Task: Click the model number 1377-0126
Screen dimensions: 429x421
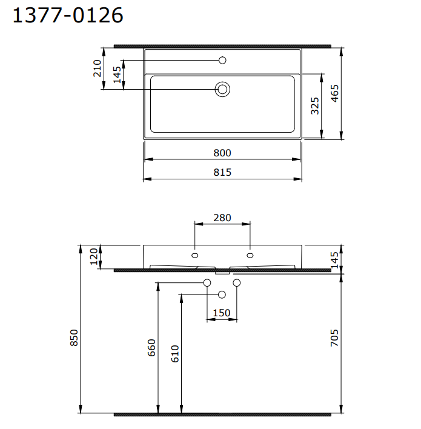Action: click(68, 15)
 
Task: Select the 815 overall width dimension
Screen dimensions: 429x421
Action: click(222, 172)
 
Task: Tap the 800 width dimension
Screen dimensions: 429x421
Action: click(222, 153)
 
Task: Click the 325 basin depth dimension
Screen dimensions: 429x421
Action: click(314, 105)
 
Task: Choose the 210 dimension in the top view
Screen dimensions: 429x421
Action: click(97, 68)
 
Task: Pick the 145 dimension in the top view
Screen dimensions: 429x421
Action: click(118, 75)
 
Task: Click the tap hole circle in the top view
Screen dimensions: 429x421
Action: click(222, 60)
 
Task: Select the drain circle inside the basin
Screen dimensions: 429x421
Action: click(222, 90)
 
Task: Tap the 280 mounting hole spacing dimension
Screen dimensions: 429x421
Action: click(222, 218)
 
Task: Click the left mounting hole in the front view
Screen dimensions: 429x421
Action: click(194, 254)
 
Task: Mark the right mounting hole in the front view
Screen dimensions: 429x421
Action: click(250, 254)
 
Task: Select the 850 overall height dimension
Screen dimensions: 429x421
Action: click(75, 338)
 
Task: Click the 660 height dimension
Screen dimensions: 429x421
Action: click(151, 347)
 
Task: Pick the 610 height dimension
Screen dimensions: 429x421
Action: click(174, 353)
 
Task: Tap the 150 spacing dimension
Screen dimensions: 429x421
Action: click(222, 313)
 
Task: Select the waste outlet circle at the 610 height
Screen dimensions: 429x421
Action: click(222, 294)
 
